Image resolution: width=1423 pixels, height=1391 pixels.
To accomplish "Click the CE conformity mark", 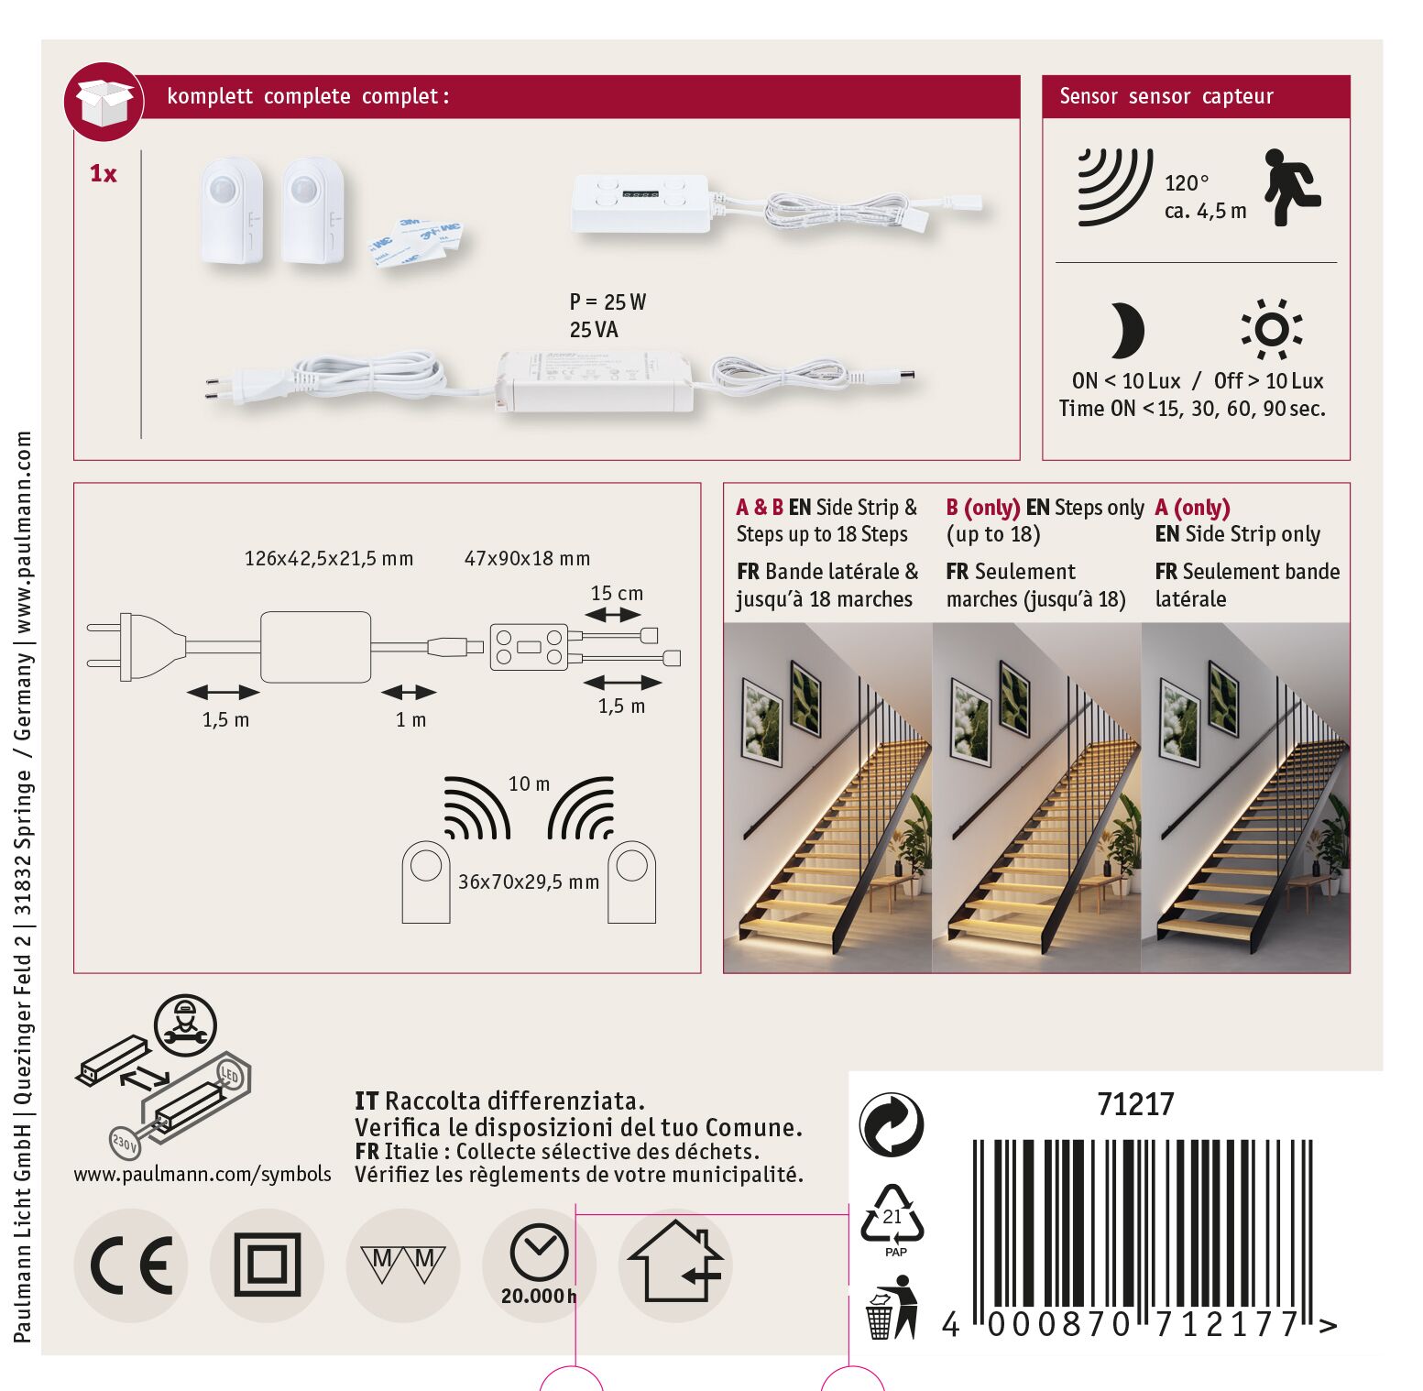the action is (131, 1265).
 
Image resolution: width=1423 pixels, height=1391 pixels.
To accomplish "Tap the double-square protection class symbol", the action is (267, 1265).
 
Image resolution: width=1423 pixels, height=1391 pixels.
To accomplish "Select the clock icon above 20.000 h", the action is (539, 1253).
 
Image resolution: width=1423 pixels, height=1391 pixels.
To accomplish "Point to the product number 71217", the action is (1135, 1104).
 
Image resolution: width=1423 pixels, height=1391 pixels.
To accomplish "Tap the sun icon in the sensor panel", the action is (1272, 329).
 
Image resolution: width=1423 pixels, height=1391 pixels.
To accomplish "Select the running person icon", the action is (1293, 188).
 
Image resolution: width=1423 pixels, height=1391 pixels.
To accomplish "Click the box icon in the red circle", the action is (104, 102).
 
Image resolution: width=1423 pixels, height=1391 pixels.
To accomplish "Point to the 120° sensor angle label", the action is (1187, 183).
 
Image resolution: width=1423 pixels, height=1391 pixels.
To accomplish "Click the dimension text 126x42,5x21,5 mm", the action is (329, 558).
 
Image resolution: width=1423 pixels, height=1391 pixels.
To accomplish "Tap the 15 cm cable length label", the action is (617, 593).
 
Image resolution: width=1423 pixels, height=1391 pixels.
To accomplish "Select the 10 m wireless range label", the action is (530, 783).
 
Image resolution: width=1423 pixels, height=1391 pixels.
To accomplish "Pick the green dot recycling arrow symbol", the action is (892, 1124).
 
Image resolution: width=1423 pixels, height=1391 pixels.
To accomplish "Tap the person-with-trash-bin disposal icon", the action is (892, 1309).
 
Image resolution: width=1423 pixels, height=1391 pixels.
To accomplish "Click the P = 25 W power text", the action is (608, 301).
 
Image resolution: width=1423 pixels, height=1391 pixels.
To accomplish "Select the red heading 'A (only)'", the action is (1192, 507).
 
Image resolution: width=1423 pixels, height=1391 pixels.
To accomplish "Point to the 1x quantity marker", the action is (104, 173).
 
